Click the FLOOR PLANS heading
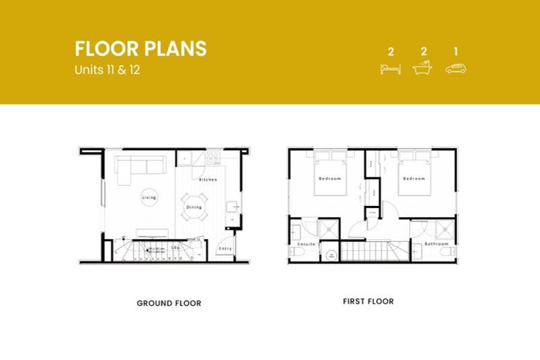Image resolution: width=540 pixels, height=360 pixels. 141,49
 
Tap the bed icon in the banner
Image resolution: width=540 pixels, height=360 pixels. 390,68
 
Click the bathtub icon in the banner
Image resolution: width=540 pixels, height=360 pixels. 423,68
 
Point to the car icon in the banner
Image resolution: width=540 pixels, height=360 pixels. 456,68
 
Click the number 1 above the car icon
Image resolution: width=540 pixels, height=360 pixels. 456,51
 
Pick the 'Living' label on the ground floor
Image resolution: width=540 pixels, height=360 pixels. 149,198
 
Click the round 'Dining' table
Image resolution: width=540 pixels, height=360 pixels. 193,207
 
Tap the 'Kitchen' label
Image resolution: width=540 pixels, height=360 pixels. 208,180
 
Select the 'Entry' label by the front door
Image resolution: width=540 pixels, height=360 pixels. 225,248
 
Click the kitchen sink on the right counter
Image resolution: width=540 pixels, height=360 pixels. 233,207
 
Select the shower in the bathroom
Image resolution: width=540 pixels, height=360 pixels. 444,229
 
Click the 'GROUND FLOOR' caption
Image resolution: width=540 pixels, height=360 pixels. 169,304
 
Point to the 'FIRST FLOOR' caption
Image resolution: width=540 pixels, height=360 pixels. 368,302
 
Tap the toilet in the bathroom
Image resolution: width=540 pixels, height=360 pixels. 450,252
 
